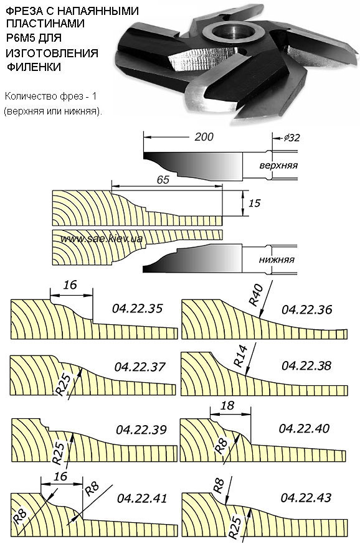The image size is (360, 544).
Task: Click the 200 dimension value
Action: click(204, 137)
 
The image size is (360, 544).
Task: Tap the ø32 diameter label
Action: click(291, 138)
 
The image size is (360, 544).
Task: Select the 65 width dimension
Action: click(163, 179)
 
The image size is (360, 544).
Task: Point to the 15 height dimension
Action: click(254, 203)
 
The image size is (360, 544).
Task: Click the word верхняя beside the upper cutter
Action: click(278, 165)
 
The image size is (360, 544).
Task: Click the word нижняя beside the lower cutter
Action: click(277, 260)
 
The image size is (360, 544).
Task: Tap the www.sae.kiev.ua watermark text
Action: click(102, 238)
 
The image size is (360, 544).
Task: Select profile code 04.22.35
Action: click(137, 309)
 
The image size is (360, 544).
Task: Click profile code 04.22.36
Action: click(306, 309)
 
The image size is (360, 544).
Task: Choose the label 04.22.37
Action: click(140, 367)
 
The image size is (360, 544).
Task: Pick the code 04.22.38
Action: click(306, 365)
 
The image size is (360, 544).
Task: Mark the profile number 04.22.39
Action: click(141, 430)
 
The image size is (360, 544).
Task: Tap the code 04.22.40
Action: click(304, 428)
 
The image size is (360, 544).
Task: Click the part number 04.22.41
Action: click(142, 499)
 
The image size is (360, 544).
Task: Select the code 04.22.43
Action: click(306, 498)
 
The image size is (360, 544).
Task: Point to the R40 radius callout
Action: click(256, 294)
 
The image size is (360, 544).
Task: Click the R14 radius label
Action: click(241, 356)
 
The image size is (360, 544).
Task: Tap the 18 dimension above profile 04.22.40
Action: click(227, 405)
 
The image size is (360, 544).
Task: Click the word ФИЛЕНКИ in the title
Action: click(34, 67)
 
